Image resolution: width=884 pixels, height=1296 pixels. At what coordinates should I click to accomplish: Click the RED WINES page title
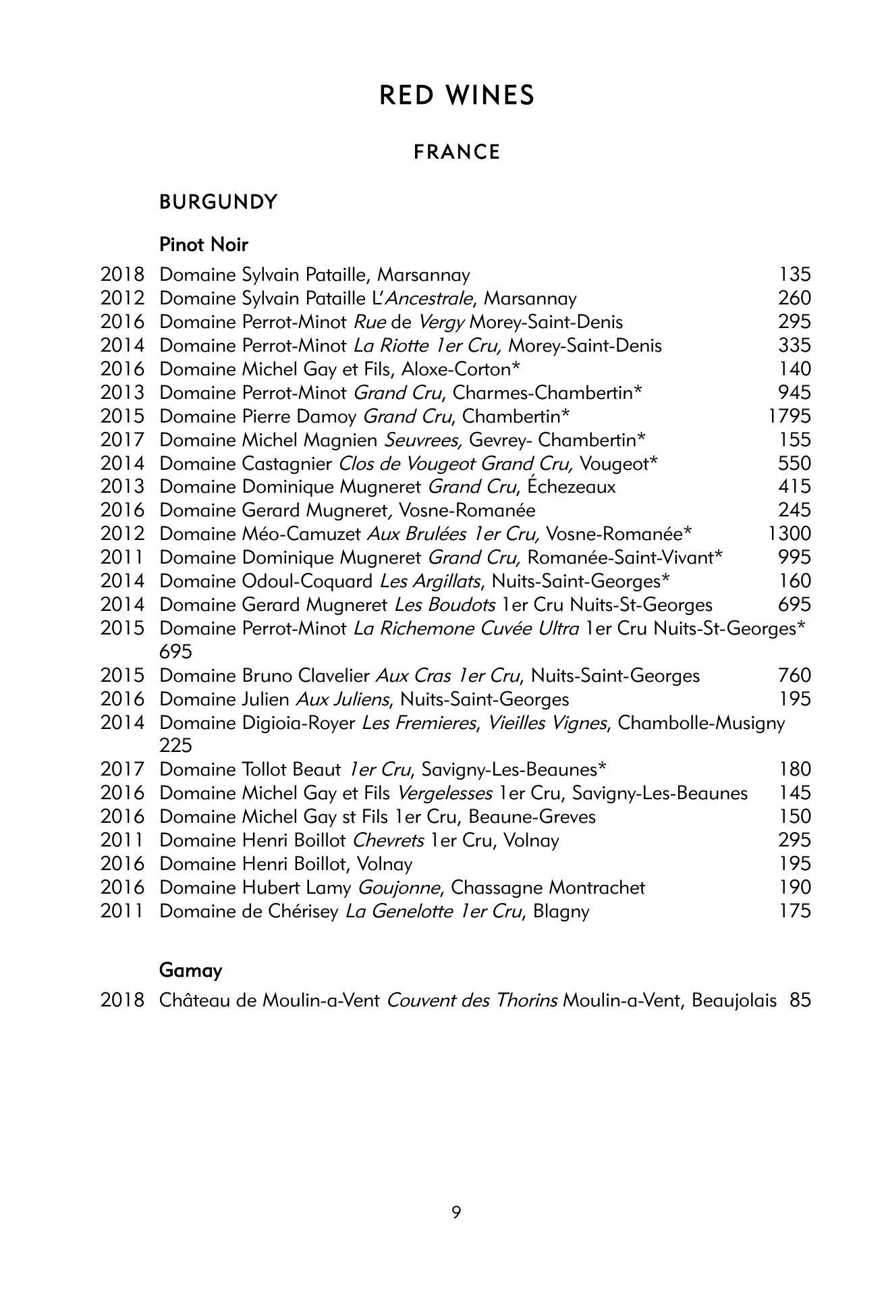pyautogui.click(x=456, y=96)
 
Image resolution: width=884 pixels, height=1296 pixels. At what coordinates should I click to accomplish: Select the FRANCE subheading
pyautogui.click(x=457, y=153)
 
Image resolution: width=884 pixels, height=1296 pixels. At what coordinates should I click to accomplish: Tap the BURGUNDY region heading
pyautogui.click(x=218, y=202)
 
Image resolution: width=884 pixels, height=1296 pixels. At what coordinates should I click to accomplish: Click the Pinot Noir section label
pyautogui.click(x=204, y=244)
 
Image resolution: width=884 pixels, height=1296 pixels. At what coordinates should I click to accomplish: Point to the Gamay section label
pyautogui.click(x=190, y=971)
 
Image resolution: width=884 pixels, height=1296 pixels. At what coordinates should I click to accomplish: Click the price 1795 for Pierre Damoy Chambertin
pyautogui.click(x=789, y=416)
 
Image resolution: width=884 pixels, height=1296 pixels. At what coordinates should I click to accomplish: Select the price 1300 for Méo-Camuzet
pyautogui.click(x=789, y=534)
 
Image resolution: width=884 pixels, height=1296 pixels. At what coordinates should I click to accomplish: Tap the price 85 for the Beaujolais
pyautogui.click(x=800, y=1000)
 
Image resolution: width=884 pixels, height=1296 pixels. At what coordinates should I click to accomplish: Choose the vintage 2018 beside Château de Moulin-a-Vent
pyautogui.click(x=122, y=1000)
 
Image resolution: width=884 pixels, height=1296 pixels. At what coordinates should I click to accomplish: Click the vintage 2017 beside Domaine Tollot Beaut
pyautogui.click(x=122, y=769)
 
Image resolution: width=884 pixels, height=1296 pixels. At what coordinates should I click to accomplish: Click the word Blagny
pyautogui.click(x=561, y=911)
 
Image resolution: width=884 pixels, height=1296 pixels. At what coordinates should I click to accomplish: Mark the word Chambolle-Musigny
pyautogui.click(x=701, y=723)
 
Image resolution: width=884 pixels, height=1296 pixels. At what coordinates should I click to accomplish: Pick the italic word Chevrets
pyautogui.click(x=389, y=840)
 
